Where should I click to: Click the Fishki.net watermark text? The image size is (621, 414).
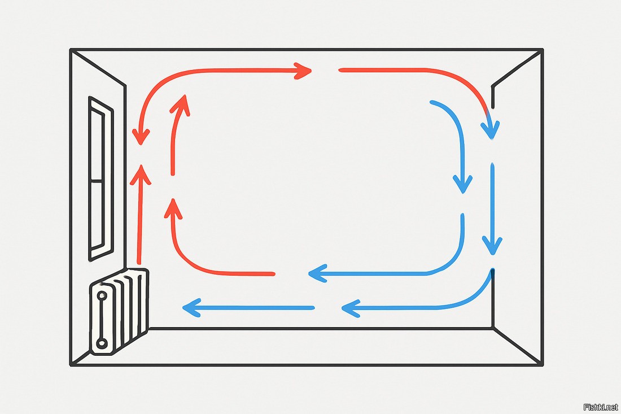[600, 406]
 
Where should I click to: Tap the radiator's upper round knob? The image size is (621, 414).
[103, 295]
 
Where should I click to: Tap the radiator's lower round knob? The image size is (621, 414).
[102, 343]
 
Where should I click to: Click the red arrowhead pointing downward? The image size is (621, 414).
[141, 136]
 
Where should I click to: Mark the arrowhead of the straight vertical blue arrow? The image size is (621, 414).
[492, 246]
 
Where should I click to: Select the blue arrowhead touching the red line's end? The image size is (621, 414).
[316, 274]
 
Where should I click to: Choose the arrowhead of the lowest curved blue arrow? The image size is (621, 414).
[350, 308]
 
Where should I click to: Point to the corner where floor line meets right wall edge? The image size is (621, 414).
[493, 328]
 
